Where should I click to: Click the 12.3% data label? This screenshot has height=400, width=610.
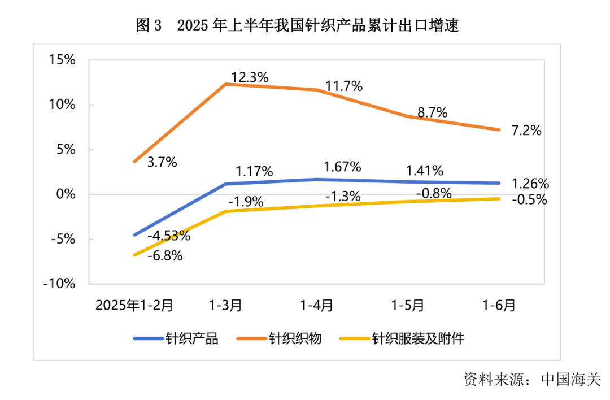point(250,77)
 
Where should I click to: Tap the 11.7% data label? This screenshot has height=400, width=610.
point(344,86)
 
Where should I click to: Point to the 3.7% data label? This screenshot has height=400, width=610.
point(162,163)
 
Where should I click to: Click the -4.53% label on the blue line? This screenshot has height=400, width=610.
point(168,236)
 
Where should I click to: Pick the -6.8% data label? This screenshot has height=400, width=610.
point(165,255)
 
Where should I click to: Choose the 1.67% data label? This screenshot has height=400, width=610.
point(342,167)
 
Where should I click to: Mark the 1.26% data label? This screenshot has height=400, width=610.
point(530,184)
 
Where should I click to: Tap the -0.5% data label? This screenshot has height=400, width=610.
point(529,199)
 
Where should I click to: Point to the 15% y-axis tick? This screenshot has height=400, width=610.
point(62,60)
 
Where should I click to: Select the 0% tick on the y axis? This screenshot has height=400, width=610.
point(66,194)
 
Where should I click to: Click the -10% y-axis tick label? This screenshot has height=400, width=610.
point(60,284)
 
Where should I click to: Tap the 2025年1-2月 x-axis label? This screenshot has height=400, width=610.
point(134,305)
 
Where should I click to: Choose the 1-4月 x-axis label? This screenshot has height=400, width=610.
point(317,305)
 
